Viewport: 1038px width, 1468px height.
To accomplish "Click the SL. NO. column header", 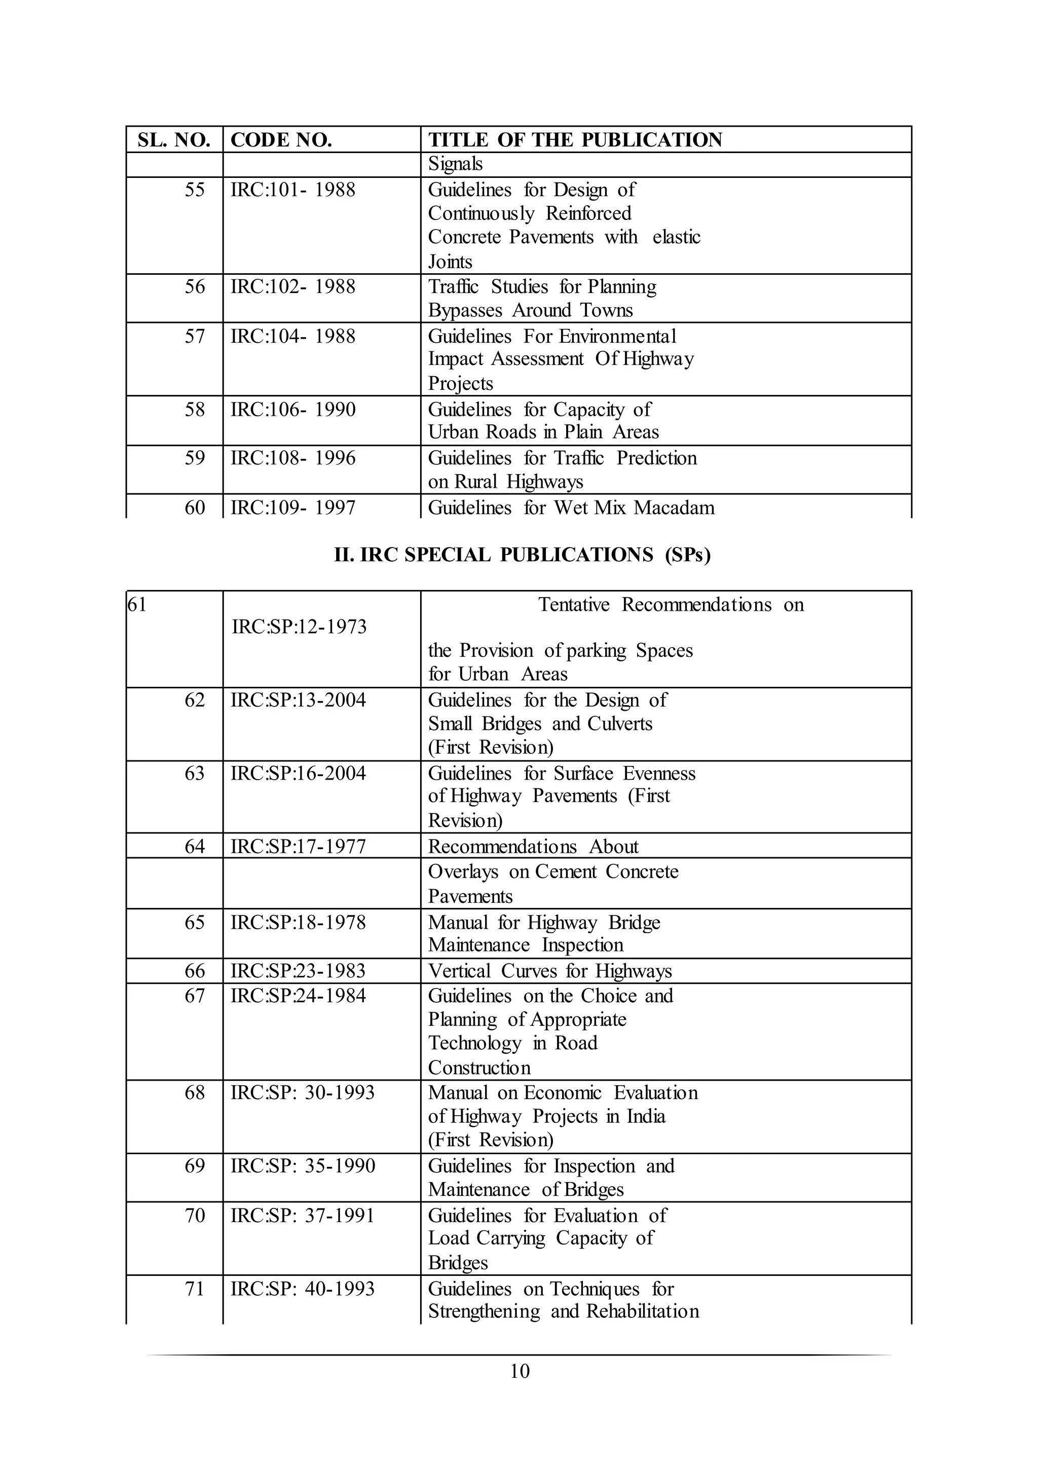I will (174, 140).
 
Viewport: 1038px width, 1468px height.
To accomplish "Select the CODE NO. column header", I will (281, 140).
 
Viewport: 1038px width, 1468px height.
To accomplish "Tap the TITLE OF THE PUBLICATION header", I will (575, 140).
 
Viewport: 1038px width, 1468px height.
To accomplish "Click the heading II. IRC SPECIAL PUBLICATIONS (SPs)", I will (522, 555).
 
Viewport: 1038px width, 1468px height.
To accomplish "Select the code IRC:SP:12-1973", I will (299, 627).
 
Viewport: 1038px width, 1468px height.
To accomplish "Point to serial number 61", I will (137, 604).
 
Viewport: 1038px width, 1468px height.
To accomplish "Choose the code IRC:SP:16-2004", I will (298, 773).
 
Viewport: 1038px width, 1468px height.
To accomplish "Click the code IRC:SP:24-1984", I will (298, 996).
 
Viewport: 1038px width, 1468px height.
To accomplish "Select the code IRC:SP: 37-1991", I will (302, 1215).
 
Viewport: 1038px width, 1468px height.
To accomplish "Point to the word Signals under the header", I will (455, 164).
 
